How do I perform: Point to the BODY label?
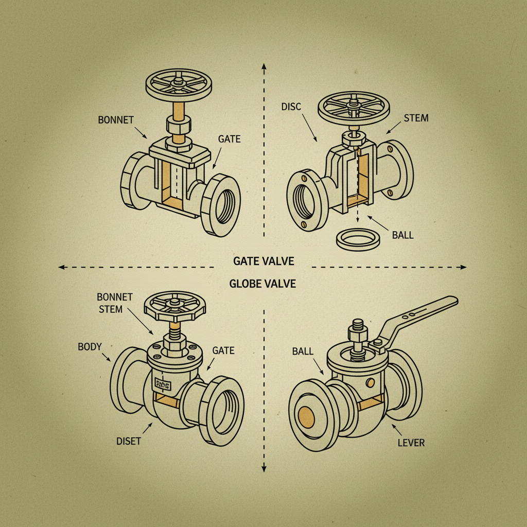(x=91, y=346)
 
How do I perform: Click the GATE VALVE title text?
(x=263, y=261)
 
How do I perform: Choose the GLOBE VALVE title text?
(x=263, y=284)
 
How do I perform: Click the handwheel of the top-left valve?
(x=176, y=83)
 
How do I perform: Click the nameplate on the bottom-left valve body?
(x=162, y=383)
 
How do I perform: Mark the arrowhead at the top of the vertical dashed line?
(x=263, y=66)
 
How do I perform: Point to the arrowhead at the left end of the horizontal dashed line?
(x=61, y=267)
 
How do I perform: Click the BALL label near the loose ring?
(x=402, y=235)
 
